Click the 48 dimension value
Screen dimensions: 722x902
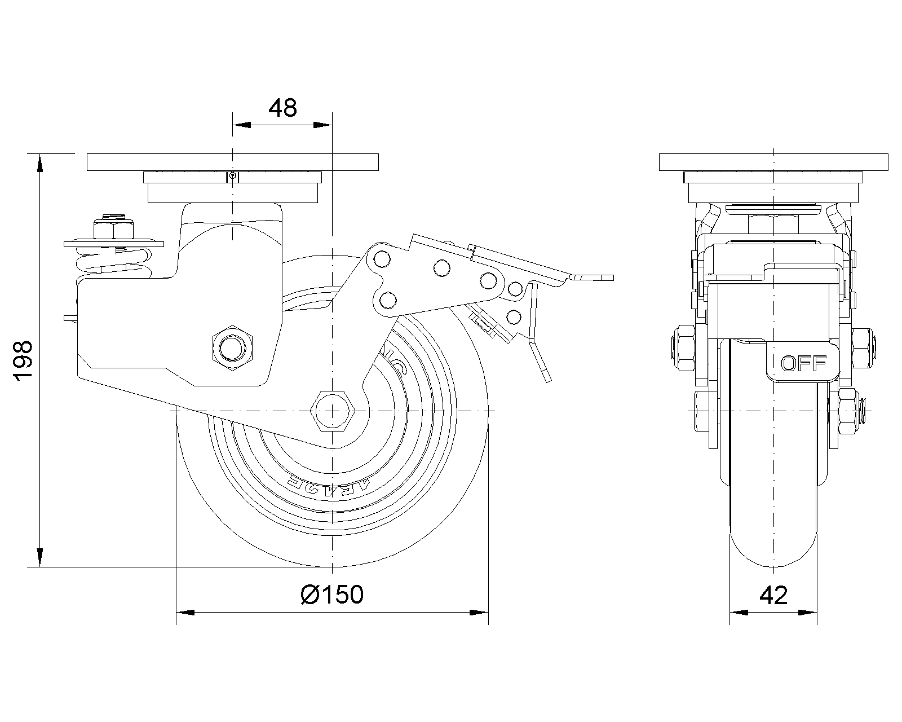click(x=282, y=108)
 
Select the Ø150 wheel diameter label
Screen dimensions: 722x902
click(x=332, y=594)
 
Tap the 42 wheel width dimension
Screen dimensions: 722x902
click(x=773, y=594)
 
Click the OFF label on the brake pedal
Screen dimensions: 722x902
click(x=803, y=364)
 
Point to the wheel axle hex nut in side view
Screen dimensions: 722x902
click(x=333, y=411)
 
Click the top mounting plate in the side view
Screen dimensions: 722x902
click(x=232, y=162)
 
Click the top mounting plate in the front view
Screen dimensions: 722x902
click(x=773, y=162)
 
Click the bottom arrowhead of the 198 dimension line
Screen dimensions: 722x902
click(x=39, y=558)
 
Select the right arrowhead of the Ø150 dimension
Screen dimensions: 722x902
click(x=480, y=612)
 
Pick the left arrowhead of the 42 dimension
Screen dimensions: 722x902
click(x=738, y=612)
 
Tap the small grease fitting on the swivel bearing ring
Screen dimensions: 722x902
click(x=233, y=176)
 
